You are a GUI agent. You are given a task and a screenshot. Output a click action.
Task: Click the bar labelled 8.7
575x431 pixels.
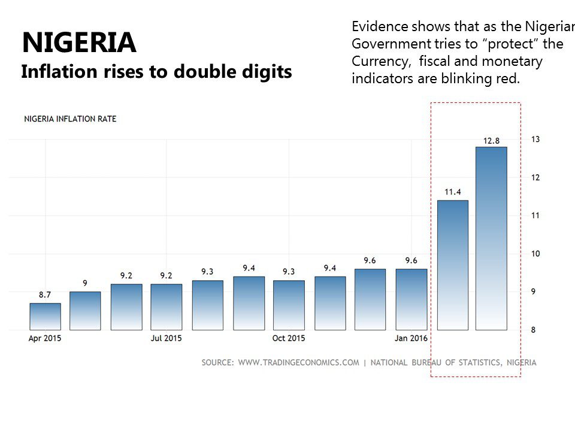click(45, 317)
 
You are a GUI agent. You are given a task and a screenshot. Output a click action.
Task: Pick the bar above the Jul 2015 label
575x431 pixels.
click(167, 306)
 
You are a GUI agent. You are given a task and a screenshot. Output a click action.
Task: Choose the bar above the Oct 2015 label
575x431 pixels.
click(289, 305)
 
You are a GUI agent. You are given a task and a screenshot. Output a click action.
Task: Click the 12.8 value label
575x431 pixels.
click(491, 141)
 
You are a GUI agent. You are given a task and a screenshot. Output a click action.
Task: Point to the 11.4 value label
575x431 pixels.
click(452, 192)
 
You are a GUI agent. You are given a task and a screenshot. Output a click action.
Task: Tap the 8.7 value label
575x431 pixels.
click(45, 295)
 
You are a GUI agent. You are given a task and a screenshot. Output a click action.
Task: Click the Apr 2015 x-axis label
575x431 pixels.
click(45, 338)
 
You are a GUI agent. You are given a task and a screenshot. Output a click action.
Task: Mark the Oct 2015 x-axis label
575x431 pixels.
click(289, 338)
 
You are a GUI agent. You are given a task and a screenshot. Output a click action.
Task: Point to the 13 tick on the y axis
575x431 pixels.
click(535, 139)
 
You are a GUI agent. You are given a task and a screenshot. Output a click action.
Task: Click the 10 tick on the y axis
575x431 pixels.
click(535, 254)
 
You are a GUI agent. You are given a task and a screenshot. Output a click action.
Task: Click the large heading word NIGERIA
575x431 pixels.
click(79, 43)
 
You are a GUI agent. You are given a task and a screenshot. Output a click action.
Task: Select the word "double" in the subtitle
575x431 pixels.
click(201, 72)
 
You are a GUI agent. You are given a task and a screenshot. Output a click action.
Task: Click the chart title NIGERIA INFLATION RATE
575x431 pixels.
click(70, 119)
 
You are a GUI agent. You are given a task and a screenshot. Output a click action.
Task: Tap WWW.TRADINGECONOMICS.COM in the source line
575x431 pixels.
click(298, 362)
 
